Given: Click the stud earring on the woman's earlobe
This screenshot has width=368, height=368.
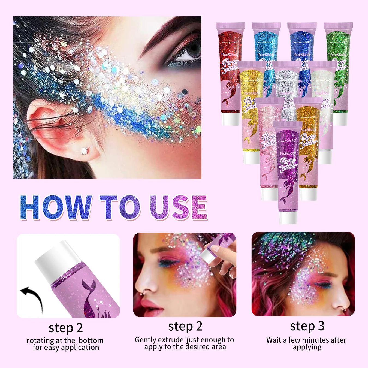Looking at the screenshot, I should (x=84, y=150).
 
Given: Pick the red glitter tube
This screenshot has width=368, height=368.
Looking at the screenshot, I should (x=230, y=74).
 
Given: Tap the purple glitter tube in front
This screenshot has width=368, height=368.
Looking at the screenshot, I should (x=288, y=169).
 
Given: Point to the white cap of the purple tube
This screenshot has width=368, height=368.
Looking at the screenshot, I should (x=288, y=218).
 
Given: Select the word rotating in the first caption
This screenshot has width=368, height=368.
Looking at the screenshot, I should (x=40, y=340).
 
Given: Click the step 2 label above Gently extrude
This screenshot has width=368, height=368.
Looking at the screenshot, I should (x=185, y=326).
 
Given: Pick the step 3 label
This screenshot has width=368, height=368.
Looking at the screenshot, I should (x=307, y=326).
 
